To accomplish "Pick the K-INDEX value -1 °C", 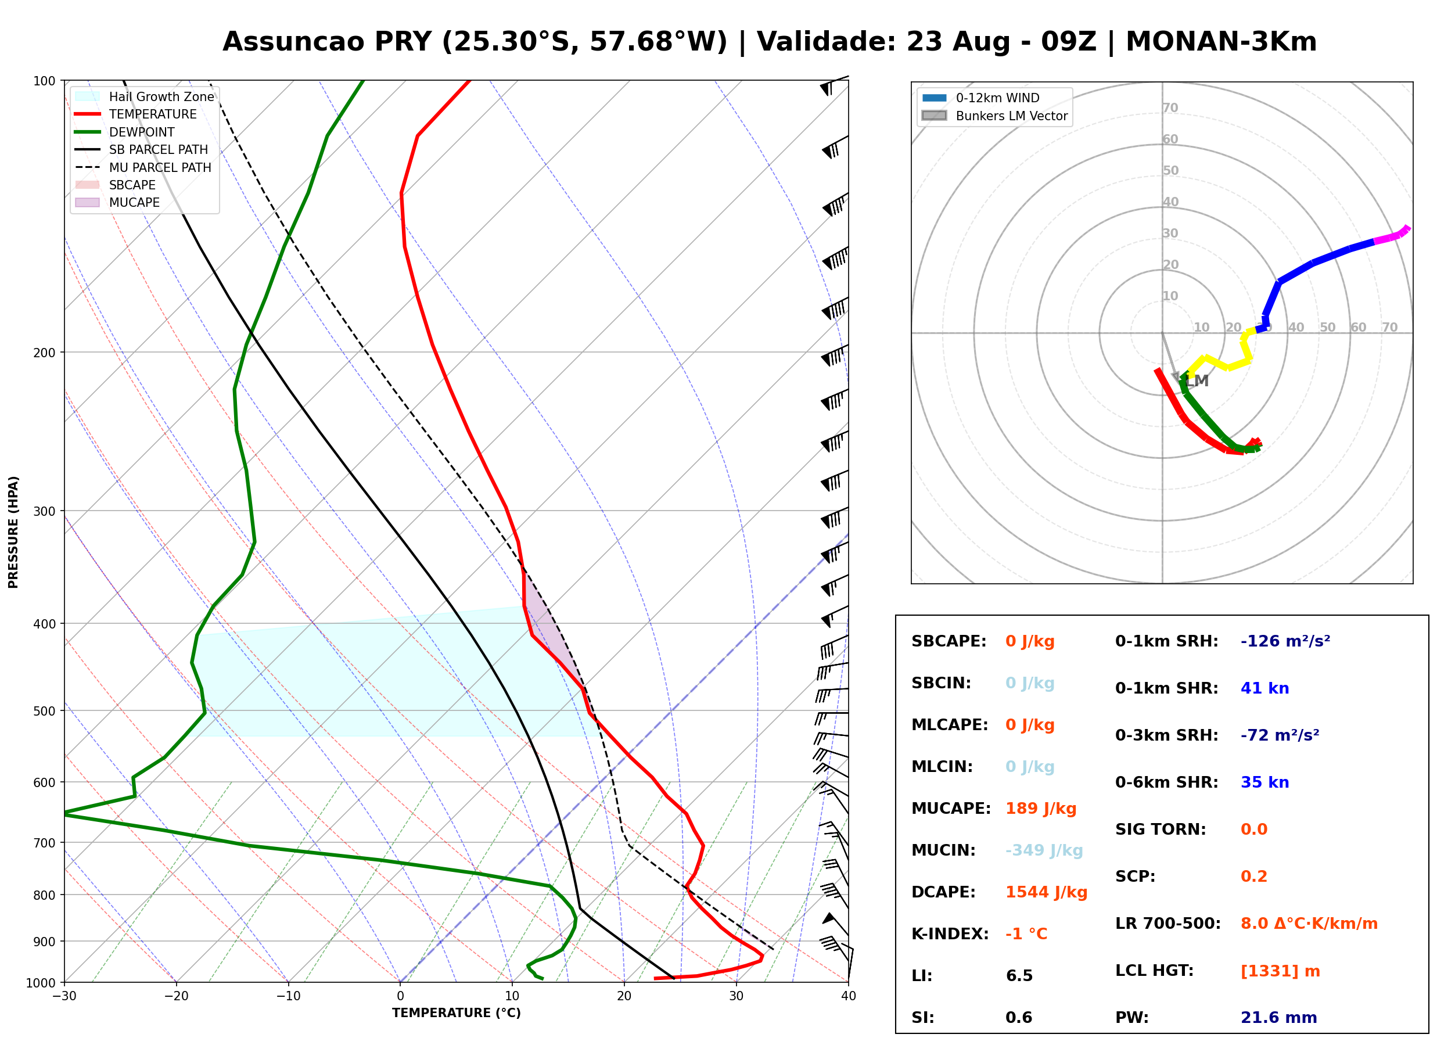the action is click(x=1026, y=933).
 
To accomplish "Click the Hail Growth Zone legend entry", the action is click(x=145, y=96).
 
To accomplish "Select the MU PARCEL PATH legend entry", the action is click(x=143, y=167).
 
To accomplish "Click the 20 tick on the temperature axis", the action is click(x=624, y=996).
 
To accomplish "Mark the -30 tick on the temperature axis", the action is click(x=64, y=996).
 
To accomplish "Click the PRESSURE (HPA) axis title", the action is click(x=13, y=531).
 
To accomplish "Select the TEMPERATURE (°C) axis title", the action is click(x=456, y=1013).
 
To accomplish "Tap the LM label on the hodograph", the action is click(x=1197, y=381).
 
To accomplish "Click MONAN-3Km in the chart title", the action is click(x=1221, y=41).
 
